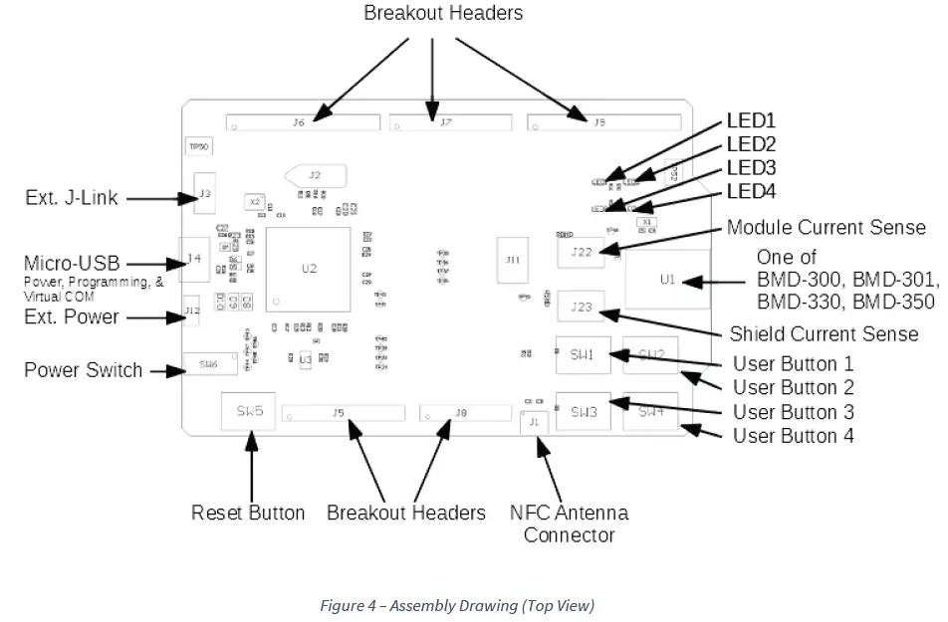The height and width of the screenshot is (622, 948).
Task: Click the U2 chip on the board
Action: (x=309, y=269)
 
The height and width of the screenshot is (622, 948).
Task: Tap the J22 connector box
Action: (x=582, y=251)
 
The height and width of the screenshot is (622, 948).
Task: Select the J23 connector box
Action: (x=582, y=308)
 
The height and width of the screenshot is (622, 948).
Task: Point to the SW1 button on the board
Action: (x=583, y=354)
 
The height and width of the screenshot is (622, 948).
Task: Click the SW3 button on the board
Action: (x=583, y=411)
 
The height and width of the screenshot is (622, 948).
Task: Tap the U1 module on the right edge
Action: (x=666, y=280)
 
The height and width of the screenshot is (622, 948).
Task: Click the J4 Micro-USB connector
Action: (x=193, y=261)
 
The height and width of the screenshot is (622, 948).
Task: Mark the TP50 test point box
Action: (x=199, y=146)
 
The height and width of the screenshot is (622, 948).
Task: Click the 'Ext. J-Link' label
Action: (x=72, y=198)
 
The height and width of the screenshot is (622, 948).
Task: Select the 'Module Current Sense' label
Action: (x=827, y=228)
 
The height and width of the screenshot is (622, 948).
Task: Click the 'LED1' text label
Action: (x=751, y=120)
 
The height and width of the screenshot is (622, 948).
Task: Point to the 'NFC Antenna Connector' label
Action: (x=569, y=523)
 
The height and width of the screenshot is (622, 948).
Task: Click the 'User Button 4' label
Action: (x=793, y=436)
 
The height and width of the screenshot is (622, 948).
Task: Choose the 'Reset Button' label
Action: (x=248, y=513)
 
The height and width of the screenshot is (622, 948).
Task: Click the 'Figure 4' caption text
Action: (x=457, y=605)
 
